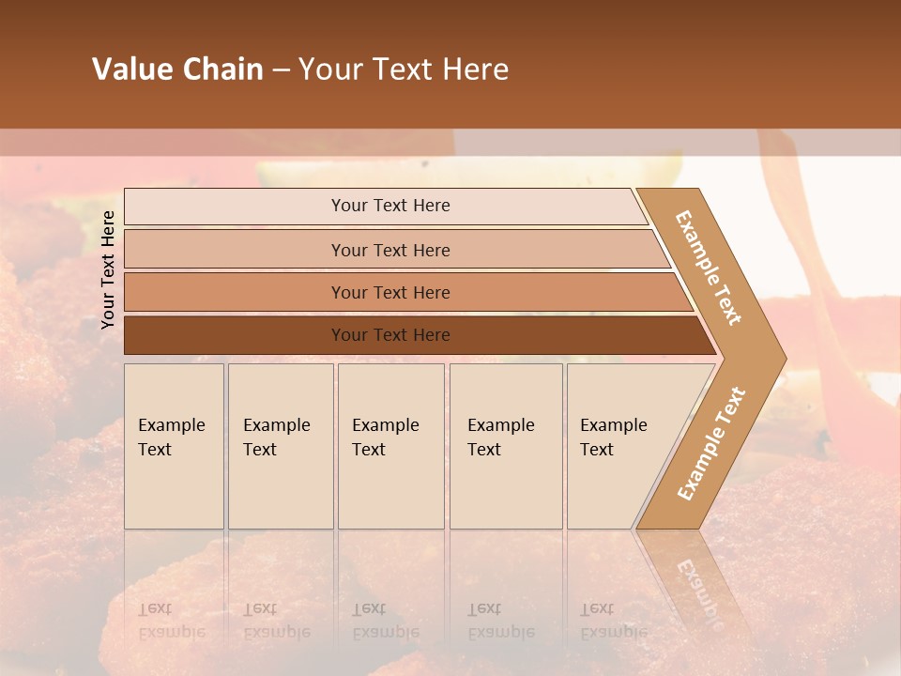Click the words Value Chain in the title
click(177, 69)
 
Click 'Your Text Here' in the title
click(404, 69)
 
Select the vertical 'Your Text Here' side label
click(108, 269)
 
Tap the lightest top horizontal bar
click(235, 207)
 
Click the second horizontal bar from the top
click(235, 250)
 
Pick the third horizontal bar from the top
click(235, 292)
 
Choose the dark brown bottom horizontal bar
click(235, 335)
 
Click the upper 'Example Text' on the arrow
click(709, 268)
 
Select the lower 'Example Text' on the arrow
click(710, 444)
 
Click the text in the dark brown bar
click(390, 335)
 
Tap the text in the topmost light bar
click(390, 206)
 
